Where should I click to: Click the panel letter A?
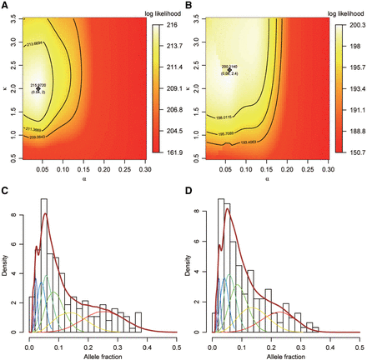point(4,5)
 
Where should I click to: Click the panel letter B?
point(189,5)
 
